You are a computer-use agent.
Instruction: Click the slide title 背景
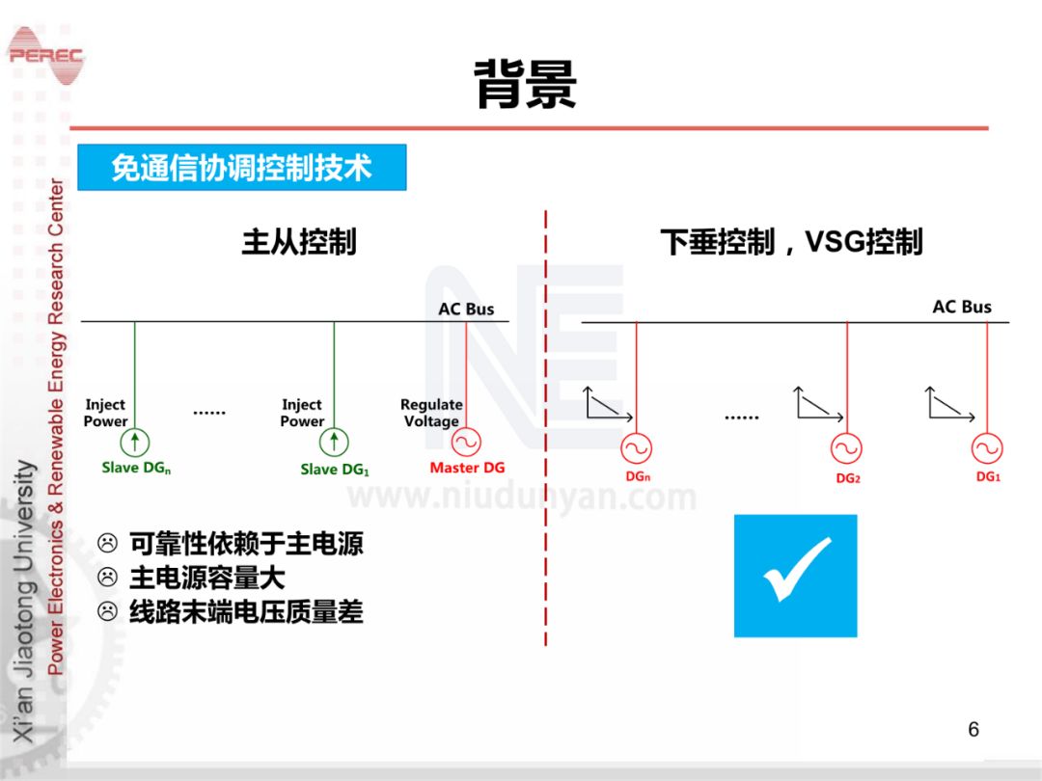(x=526, y=85)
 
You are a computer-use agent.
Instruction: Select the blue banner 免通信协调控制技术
(x=241, y=167)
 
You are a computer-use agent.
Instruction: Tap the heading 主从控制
(x=299, y=241)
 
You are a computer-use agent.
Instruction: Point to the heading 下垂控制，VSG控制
(x=791, y=241)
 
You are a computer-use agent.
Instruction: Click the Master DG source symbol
(x=466, y=442)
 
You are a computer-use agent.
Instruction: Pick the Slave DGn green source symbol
(x=135, y=442)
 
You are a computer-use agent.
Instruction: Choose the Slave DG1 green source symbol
(x=334, y=442)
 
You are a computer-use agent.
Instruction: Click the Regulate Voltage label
(x=431, y=413)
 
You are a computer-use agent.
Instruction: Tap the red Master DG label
(x=467, y=468)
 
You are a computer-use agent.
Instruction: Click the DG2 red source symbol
(x=846, y=448)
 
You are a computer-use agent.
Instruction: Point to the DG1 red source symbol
(x=987, y=448)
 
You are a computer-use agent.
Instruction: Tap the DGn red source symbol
(x=636, y=448)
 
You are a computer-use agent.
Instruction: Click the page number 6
(x=973, y=729)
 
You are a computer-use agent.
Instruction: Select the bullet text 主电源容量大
(x=207, y=578)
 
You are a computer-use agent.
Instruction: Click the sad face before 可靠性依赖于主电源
(x=108, y=545)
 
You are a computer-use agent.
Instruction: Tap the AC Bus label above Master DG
(x=466, y=309)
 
